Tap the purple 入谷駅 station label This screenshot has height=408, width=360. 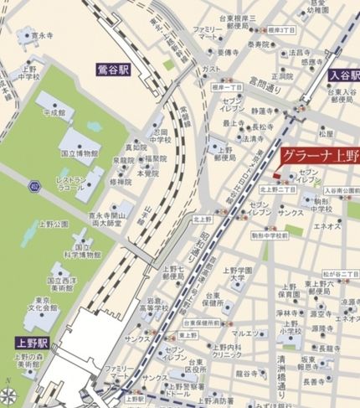click(x=343, y=75)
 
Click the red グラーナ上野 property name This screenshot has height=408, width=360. click(x=320, y=157)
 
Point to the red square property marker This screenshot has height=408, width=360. click(x=276, y=173)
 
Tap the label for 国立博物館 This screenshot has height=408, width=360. click(x=80, y=154)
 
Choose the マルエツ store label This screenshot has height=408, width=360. click(x=244, y=333)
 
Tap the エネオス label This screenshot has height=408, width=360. click(x=326, y=226)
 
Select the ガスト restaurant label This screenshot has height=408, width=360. click(x=212, y=69)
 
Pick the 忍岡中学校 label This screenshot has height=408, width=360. click(x=159, y=135)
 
